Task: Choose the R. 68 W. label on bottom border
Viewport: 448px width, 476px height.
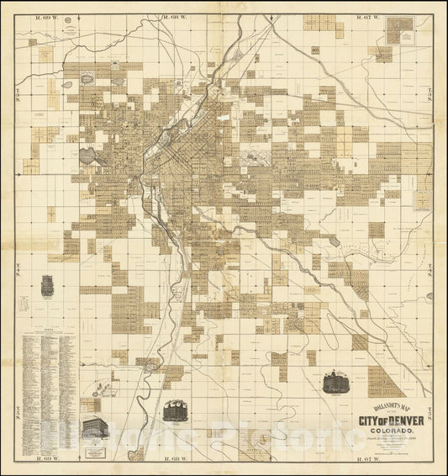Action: (178, 460)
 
